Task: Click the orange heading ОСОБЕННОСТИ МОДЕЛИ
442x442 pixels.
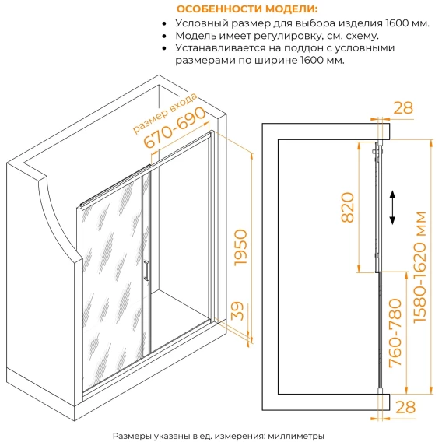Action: click(247, 9)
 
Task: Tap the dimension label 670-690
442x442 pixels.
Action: click(175, 128)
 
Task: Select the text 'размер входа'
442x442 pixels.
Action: click(165, 113)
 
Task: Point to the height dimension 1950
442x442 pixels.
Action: click(240, 247)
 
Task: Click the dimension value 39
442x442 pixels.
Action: click(237, 311)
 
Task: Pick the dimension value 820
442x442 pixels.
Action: click(347, 207)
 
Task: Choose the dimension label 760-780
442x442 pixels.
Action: click(395, 333)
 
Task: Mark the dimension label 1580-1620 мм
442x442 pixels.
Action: click(419, 267)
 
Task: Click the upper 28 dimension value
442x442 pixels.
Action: click(403, 107)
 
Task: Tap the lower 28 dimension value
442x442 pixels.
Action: click(405, 407)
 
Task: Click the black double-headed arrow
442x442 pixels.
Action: click(392, 208)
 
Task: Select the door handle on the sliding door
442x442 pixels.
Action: click(146, 271)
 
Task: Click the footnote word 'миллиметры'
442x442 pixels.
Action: click(296, 436)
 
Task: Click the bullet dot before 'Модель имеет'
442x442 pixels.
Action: click(164, 36)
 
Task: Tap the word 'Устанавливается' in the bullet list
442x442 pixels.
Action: click(221, 48)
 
